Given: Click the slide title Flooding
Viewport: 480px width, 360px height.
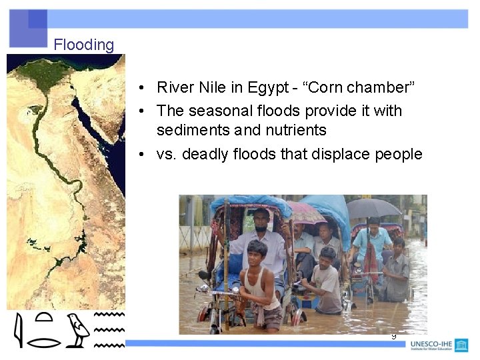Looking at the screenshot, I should [84, 45].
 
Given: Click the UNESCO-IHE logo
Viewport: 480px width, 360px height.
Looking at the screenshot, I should [439, 345].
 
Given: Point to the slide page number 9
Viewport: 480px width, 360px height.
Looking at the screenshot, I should [393, 337].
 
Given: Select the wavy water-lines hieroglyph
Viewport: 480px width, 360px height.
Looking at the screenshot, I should [109, 329].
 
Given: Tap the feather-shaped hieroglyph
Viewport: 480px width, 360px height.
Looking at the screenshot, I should [19, 331].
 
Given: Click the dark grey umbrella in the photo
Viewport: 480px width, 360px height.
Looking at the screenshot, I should [374, 207].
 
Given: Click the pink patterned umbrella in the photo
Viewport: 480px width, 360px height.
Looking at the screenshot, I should [305, 211].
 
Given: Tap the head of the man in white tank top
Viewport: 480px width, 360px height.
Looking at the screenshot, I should [257, 252].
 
